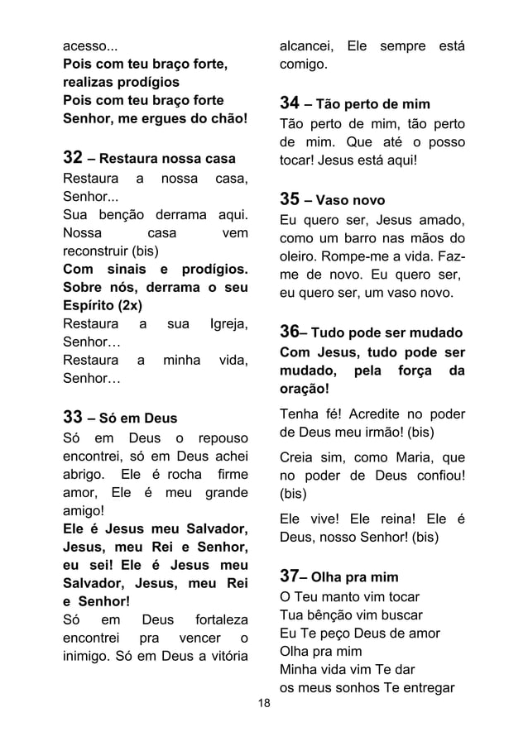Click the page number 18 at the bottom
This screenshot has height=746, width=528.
coord(264,704)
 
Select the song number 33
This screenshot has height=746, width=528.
coord(76,415)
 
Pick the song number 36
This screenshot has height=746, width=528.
coord(290,332)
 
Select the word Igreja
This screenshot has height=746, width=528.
coord(228,323)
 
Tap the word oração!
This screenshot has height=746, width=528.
coord(305,388)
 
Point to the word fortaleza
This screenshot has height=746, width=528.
coord(220,619)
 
